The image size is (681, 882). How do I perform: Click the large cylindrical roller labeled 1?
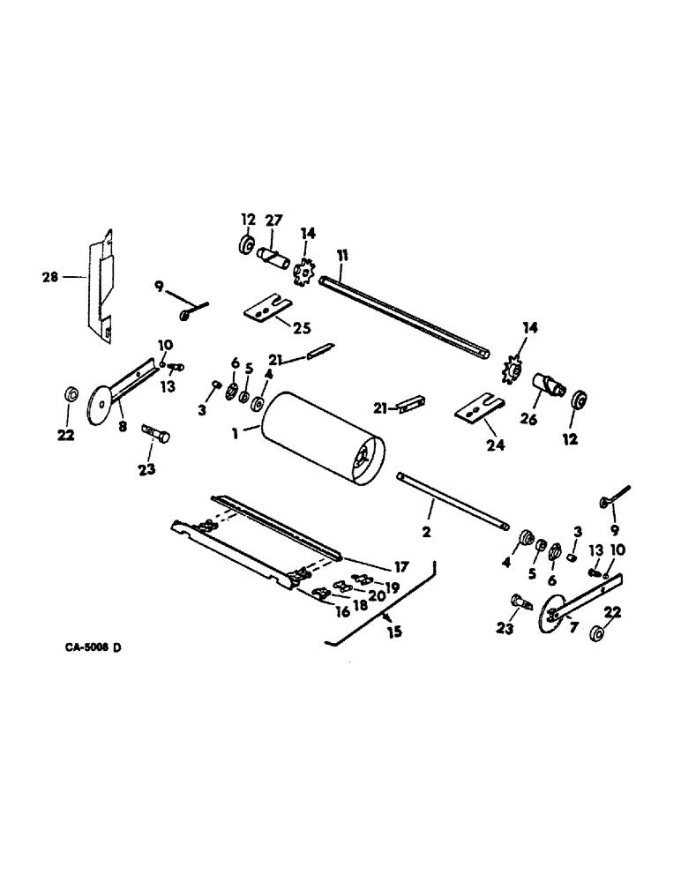tap(321, 439)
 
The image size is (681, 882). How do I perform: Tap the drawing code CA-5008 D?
tap(93, 648)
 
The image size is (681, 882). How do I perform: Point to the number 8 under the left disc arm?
tap(122, 426)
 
